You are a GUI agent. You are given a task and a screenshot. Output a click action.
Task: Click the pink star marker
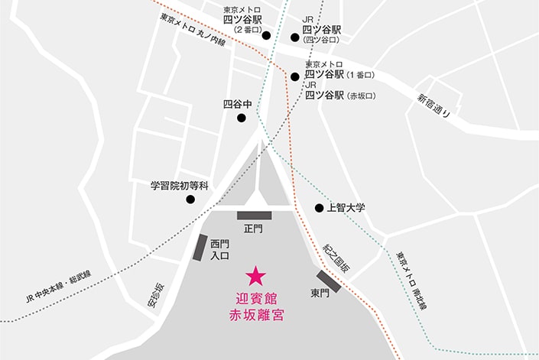point(255,273)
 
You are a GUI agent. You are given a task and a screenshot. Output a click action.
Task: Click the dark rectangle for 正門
point(253,216)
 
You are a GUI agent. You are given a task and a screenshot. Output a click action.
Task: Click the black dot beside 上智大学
point(319,208)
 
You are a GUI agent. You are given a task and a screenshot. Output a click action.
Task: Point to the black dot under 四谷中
point(242,118)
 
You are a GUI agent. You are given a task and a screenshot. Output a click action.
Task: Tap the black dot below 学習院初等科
point(190,199)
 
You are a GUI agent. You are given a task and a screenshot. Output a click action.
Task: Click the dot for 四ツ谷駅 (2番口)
point(266,35)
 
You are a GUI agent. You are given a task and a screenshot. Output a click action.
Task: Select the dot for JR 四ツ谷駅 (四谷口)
point(294,36)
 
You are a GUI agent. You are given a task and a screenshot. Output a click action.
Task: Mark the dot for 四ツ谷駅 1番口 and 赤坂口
point(294,76)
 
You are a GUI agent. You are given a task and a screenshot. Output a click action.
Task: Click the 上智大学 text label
point(346,208)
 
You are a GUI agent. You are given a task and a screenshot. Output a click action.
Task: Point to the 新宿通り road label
point(434,105)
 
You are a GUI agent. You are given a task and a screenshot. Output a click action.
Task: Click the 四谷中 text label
point(236,103)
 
